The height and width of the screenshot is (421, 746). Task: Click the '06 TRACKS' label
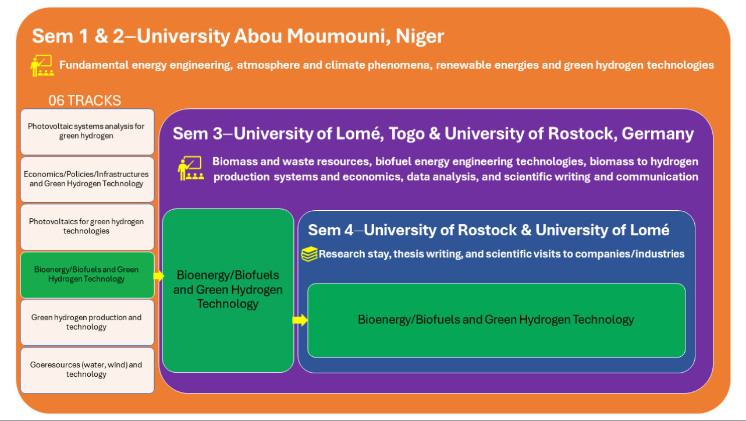pos(84,100)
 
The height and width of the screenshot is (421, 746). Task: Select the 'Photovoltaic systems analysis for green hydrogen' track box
pos(87,132)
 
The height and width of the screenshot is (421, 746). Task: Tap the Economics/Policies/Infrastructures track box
pos(87,179)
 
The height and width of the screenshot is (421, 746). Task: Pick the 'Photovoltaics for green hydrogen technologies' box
pos(87,227)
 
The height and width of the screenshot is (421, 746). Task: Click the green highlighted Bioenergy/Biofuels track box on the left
pos(87,275)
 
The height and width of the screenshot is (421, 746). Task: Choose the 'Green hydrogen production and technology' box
pos(87,323)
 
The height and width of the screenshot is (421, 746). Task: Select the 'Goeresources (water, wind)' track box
pos(87,370)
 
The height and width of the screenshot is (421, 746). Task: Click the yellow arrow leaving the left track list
pos(158,275)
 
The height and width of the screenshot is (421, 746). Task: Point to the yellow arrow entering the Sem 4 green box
pos(300,320)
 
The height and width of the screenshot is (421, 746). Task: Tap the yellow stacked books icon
pos(309,254)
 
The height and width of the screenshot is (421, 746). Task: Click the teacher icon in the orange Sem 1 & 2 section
pos(42,65)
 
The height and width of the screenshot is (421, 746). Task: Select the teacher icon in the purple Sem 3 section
pos(190,168)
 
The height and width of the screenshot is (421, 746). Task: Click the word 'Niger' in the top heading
pos(420,36)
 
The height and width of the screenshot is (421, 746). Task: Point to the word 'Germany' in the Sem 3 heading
pos(658,133)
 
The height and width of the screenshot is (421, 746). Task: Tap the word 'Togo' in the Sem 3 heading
pos(406,134)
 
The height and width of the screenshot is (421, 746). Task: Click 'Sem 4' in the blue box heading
pos(331,230)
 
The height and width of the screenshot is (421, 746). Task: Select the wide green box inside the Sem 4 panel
pos(496,320)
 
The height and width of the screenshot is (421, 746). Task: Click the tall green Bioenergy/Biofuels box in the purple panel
pos(228,291)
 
